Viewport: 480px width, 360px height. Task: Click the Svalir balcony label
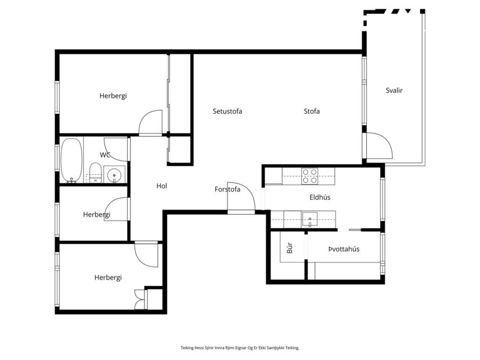pos(394,91)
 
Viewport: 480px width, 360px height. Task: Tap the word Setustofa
pos(228,111)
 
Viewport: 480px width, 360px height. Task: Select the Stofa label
pos(312,111)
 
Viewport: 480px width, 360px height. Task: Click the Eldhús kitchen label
pos(320,197)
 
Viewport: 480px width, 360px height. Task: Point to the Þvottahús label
pos(344,249)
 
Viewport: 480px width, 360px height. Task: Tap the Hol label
pos(162,186)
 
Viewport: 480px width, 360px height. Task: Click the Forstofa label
pos(228,189)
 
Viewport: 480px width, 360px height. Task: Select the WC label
pos(105,155)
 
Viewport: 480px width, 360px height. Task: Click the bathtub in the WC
pos(71,160)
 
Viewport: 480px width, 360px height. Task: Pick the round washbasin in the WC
pos(114,174)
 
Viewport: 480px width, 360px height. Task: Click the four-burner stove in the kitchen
pos(309,175)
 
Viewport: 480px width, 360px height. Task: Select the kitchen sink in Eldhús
pos(309,219)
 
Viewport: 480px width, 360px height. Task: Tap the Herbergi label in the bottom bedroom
pos(108,278)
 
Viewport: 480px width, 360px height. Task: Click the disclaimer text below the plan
pos(240,348)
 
